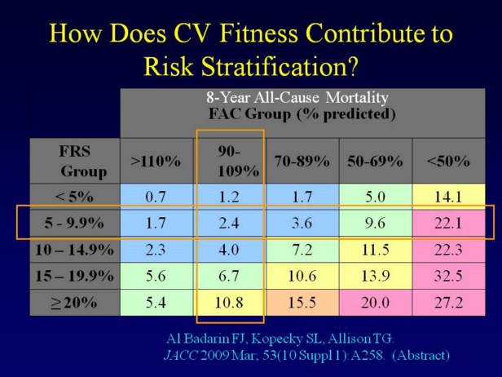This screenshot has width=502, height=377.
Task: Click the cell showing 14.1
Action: pos(448,196)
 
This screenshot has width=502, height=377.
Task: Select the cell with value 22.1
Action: pos(448,222)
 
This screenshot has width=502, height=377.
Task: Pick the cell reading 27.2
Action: pos(448,302)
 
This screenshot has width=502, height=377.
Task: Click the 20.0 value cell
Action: pos(376,302)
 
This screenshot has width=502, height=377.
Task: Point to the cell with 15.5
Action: pos(302,302)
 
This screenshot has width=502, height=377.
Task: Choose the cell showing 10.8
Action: pos(230,302)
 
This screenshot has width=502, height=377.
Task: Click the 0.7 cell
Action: pos(156,196)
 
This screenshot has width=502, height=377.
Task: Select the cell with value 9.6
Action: pos(376,222)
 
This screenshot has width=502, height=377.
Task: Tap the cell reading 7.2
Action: pos(302,248)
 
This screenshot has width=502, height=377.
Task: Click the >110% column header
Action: pos(156,161)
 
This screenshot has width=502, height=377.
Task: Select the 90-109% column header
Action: pos(230,161)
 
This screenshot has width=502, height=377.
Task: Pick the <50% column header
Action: pos(448,161)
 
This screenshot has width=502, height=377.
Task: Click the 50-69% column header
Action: pos(376,161)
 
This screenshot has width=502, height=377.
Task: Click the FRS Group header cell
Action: pos(74,161)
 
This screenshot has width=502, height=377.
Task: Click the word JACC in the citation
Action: pos(181,355)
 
